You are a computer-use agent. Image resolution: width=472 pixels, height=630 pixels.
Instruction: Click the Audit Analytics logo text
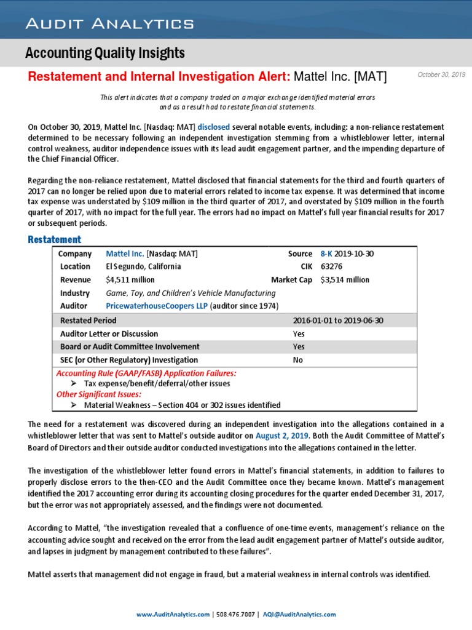109,24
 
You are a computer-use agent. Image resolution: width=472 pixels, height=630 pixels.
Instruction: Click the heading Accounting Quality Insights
104,54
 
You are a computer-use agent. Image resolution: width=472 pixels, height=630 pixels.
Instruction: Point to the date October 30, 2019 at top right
441,74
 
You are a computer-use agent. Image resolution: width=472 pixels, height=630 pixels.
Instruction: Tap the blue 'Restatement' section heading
54,239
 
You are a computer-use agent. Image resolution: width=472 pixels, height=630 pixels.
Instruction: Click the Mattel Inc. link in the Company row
125,253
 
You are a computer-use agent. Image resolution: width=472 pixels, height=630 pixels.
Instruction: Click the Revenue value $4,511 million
130,280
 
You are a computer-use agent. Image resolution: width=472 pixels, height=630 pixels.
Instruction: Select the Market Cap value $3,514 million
345,280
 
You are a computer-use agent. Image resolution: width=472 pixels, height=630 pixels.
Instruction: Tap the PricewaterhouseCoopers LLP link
157,306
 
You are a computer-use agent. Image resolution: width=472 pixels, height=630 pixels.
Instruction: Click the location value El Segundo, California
143,266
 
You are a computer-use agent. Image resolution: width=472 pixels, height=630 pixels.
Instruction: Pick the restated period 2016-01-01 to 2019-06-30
338,321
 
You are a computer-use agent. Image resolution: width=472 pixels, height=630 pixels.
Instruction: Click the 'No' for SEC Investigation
298,360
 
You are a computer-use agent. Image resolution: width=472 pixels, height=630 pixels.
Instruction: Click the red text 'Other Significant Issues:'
98,394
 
